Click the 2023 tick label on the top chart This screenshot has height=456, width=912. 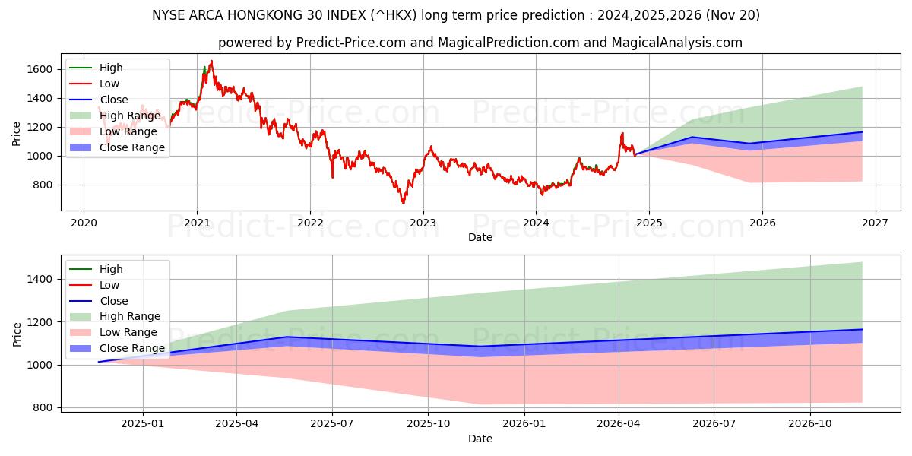point(423,223)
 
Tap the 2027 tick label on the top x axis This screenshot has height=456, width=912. point(875,223)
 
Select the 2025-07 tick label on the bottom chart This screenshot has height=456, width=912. point(332,423)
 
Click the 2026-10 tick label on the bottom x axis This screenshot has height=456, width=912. point(810,423)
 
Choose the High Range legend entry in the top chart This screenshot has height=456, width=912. point(130,116)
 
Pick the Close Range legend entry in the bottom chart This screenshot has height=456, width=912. point(132,348)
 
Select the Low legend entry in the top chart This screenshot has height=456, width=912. point(109,84)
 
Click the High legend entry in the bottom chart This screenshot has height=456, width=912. point(111,269)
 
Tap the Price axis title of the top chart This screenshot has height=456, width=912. point(16,132)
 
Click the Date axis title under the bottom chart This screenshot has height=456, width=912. point(480,439)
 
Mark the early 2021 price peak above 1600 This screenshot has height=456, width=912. point(211,62)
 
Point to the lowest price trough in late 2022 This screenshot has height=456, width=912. point(403,202)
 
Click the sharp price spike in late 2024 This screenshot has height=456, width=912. point(622,134)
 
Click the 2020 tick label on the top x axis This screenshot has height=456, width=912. point(84,223)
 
